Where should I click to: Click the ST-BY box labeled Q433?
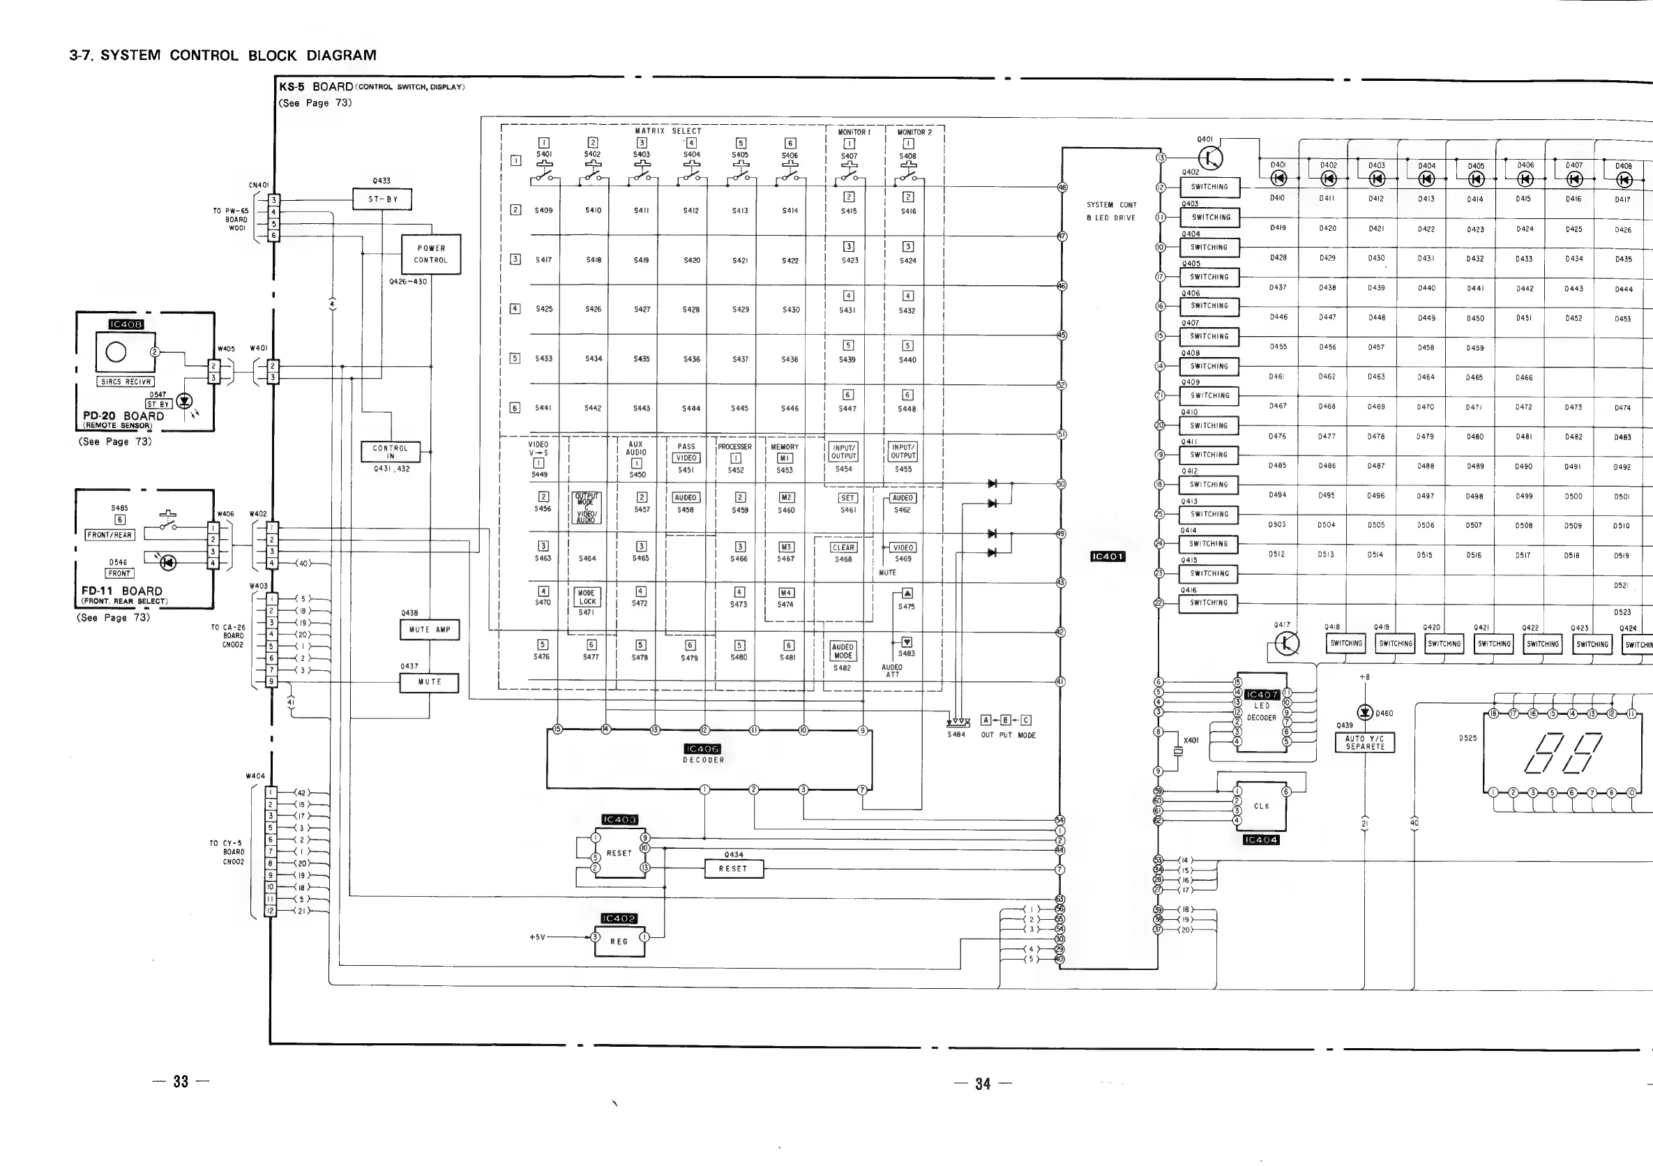pyautogui.click(x=382, y=199)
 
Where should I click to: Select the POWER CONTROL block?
pyautogui.click(x=430, y=254)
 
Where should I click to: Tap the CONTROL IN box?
pyautogui.click(x=390, y=452)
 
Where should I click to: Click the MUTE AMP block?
pyautogui.click(x=429, y=630)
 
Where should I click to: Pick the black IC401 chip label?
pyautogui.click(x=1108, y=556)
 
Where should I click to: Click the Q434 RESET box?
pyautogui.click(x=733, y=869)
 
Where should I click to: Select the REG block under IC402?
pyautogui.click(x=619, y=941)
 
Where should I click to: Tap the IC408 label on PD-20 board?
pyautogui.click(x=126, y=324)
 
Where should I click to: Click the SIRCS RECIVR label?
pyautogui.click(x=126, y=381)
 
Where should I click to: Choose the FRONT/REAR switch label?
pyautogui.click(x=110, y=535)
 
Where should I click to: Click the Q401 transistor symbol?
pyautogui.click(x=1209, y=158)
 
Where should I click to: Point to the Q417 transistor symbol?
pyautogui.click(x=1287, y=644)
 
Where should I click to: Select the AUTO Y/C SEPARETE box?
pyautogui.click(x=1364, y=743)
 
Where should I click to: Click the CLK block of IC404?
pyautogui.click(x=1261, y=806)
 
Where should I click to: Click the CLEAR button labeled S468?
pyautogui.click(x=843, y=547)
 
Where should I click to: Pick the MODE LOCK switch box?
pyautogui.click(x=587, y=598)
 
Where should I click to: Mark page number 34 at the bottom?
pyautogui.click(x=982, y=1083)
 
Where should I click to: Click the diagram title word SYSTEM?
pyautogui.click(x=130, y=55)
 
